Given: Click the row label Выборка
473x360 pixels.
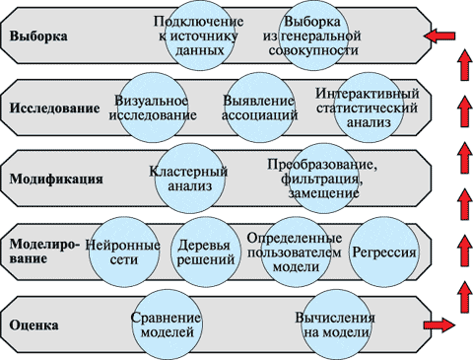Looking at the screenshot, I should tap(38, 36).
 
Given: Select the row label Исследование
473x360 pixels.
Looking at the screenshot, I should tap(54, 108).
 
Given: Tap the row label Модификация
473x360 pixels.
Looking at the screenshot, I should tap(52, 180).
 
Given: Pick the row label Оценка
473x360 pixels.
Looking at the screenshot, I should tap(34, 324).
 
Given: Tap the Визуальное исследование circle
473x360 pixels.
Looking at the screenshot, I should tap(151, 108).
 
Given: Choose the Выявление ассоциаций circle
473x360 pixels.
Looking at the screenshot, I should tap(260, 108).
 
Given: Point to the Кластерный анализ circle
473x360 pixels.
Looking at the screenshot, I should tap(188, 180).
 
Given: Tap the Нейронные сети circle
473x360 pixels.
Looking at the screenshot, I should tap(124, 252).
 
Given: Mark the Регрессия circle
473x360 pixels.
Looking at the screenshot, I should tap(381, 252).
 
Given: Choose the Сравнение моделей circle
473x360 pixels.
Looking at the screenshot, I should tap(167, 324).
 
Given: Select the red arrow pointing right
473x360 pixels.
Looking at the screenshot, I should tap(439, 324).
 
